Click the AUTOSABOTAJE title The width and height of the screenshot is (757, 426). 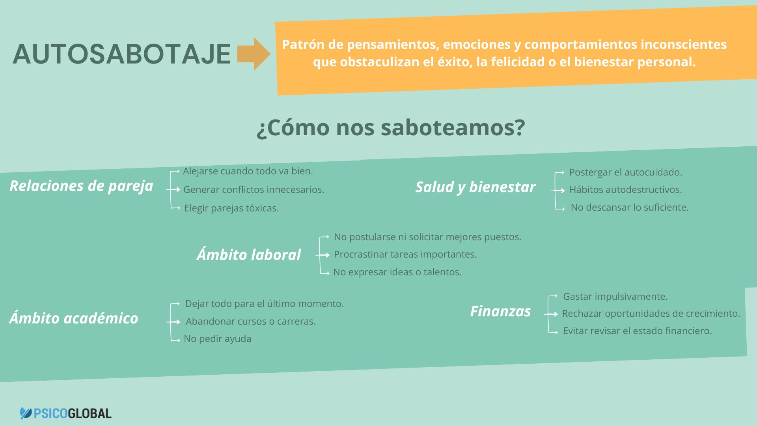[121, 54]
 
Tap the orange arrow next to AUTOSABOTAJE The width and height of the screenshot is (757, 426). [254, 54]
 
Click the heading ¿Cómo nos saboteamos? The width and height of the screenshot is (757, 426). [391, 127]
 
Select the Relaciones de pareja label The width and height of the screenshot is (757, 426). [81, 186]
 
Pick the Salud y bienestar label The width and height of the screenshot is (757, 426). [475, 187]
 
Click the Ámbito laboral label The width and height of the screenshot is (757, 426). [249, 254]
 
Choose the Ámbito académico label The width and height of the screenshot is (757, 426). [74, 318]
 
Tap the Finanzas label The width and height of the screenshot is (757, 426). [500, 311]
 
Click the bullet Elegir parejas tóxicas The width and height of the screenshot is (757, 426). [231, 208]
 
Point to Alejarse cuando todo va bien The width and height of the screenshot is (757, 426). [248, 171]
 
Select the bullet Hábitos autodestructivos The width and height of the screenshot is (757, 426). [625, 190]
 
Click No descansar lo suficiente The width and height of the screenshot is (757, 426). [630, 207]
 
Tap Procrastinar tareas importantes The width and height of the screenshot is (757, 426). [405, 254]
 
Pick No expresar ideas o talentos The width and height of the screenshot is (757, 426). [397, 272]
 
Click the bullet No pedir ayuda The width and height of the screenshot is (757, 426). [218, 339]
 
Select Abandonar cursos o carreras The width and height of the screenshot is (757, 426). [251, 321]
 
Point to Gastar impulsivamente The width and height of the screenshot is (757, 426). [615, 297]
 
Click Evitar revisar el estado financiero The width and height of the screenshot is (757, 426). [637, 331]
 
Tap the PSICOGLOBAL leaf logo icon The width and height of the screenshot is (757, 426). [26, 413]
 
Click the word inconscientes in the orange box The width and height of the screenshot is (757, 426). [684, 45]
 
